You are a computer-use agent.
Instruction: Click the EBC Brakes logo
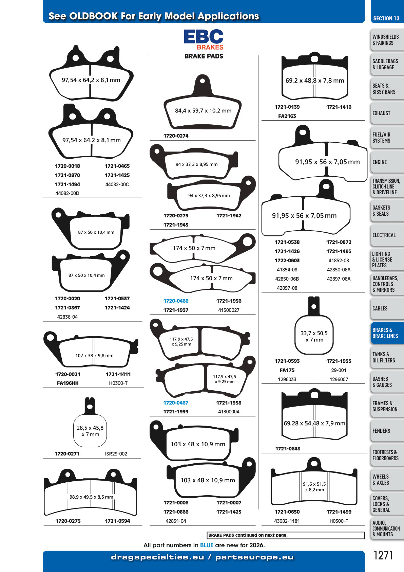[204, 40]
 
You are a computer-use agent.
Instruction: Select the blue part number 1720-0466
[176, 301]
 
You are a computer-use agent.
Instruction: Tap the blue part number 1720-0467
[176, 403]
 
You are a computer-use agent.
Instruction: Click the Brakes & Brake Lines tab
[387, 333]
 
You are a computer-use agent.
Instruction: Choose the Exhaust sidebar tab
[387, 113]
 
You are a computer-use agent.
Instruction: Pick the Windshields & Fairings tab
[387, 40]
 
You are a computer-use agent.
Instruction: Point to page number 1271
[383, 555]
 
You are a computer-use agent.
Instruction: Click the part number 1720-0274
[176, 136]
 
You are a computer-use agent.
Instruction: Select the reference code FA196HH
[68, 383]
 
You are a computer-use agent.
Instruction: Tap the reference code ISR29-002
[116, 454]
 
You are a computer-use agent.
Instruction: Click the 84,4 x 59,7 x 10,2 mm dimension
[203, 111]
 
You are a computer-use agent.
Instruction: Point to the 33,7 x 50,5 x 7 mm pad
[314, 325]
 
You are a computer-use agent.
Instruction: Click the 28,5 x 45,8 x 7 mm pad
[90, 422]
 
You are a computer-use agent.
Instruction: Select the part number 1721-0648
[288, 449]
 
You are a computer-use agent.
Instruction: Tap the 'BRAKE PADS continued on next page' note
[248, 535]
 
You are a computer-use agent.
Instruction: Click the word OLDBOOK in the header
[93, 16]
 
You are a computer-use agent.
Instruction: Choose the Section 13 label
[386, 18]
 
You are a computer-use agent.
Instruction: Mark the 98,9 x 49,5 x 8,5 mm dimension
[91, 497]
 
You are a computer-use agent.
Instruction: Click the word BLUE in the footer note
[207, 545]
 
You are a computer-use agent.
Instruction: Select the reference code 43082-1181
[287, 521]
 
